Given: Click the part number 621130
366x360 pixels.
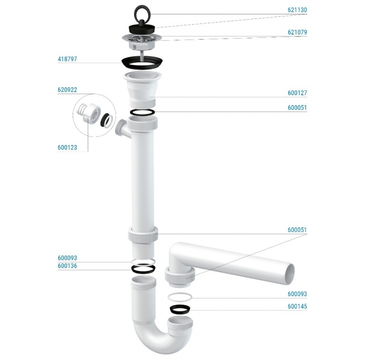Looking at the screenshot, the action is pos(297,10).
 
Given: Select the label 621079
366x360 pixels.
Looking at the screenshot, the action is pos(297,32).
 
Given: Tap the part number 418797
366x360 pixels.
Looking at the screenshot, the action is pos(67,59).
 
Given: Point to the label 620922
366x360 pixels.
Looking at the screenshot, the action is pos(67,90).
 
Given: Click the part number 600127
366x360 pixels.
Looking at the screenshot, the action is pos(297,93).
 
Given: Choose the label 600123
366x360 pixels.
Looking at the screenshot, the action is pos(67,148).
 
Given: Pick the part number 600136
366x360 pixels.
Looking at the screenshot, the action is pos(67,266).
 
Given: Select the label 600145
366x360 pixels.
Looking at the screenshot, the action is pos(297,306).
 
